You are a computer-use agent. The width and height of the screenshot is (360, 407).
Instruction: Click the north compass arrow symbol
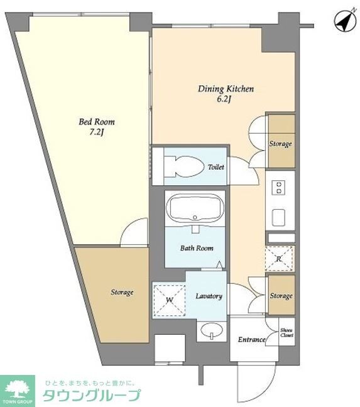coord(345,21)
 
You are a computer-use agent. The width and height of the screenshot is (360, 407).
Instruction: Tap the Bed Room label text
coord(97,122)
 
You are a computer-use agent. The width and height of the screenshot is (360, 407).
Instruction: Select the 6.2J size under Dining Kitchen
coord(224,100)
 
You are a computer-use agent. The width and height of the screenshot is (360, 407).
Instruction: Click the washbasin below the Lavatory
coord(212,330)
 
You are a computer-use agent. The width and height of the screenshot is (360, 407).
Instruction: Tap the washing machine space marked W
coord(169,300)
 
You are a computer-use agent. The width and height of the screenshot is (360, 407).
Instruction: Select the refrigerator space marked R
coord(280,259)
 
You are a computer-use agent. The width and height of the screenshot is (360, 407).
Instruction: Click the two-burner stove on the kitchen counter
coord(279,188)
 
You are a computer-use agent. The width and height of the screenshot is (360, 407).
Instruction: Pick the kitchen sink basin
coord(278,217)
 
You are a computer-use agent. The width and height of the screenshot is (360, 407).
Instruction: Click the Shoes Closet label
coord(286,333)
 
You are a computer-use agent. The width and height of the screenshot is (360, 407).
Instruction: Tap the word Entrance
coord(251,340)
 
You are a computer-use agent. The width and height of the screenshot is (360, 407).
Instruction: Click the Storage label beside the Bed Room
coord(122,293)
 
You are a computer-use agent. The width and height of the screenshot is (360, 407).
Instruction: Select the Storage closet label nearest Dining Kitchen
coord(280,144)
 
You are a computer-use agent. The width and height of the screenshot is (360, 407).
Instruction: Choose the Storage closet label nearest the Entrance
coord(281,296)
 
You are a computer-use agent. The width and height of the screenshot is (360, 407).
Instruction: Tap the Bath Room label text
coord(197,248)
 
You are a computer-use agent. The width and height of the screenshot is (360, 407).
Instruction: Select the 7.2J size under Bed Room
coord(96,133)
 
